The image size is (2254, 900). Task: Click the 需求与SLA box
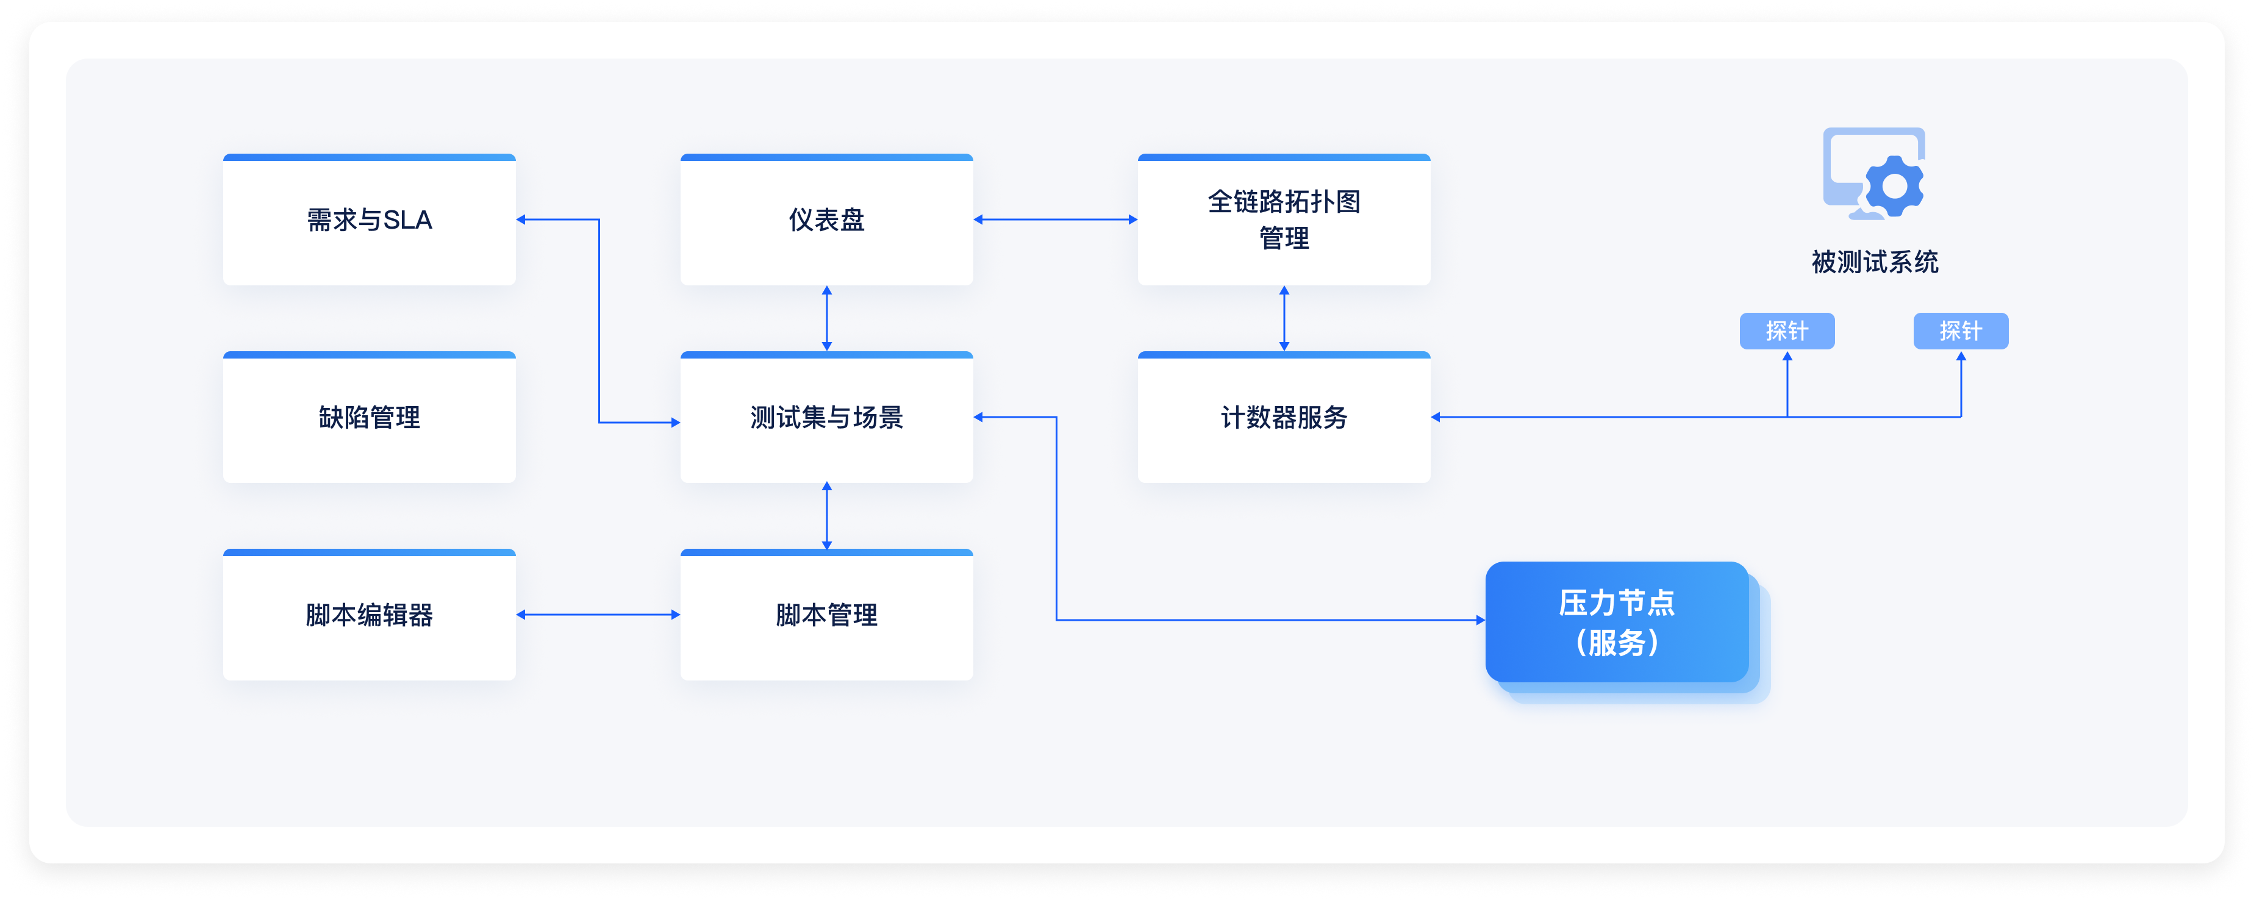(369, 220)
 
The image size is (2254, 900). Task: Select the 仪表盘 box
(827, 220)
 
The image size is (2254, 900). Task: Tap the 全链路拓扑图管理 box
(1284, 220)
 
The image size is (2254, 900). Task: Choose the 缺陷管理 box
(369, 417)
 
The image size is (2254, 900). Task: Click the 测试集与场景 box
(827, 417)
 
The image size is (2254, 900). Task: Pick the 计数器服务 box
(1284, 417)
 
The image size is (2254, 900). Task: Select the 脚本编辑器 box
(369, 615)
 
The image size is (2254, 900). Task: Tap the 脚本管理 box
(827, 615)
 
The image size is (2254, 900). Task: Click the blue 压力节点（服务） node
(1617, 622)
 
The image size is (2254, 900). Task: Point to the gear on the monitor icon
(1894, 185)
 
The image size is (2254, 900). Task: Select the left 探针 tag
(1787, 330)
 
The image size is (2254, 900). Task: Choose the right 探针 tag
(1961, 330)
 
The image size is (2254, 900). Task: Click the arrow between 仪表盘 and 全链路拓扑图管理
(1055, 220)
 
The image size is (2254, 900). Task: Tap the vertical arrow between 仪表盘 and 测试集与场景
(827, 318)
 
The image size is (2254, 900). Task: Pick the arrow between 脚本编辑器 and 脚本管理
(598, 615)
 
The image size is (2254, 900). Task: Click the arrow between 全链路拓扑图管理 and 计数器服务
(1284, 318)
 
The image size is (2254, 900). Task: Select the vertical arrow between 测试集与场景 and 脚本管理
(827, 516)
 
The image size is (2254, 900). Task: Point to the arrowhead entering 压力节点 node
(1481, 620)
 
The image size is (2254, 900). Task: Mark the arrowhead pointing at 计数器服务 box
(1436, 417)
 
